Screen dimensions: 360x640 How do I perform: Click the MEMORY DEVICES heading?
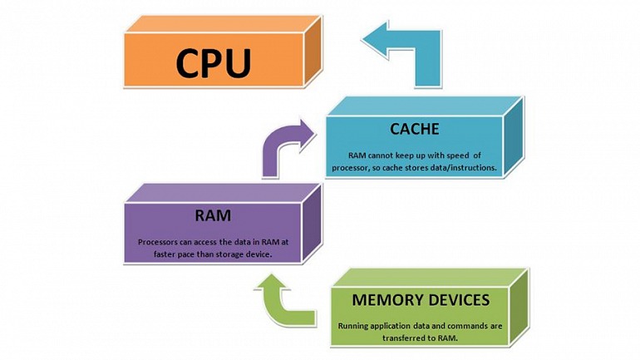click(420, 300)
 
